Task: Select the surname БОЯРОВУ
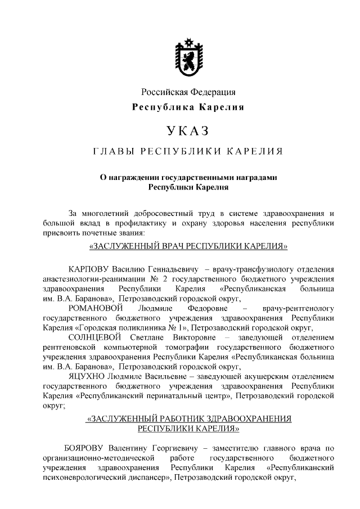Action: click(89, 448)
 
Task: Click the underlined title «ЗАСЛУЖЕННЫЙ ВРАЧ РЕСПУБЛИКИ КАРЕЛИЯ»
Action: click(188, 246)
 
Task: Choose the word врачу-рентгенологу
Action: click(298, 308)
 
